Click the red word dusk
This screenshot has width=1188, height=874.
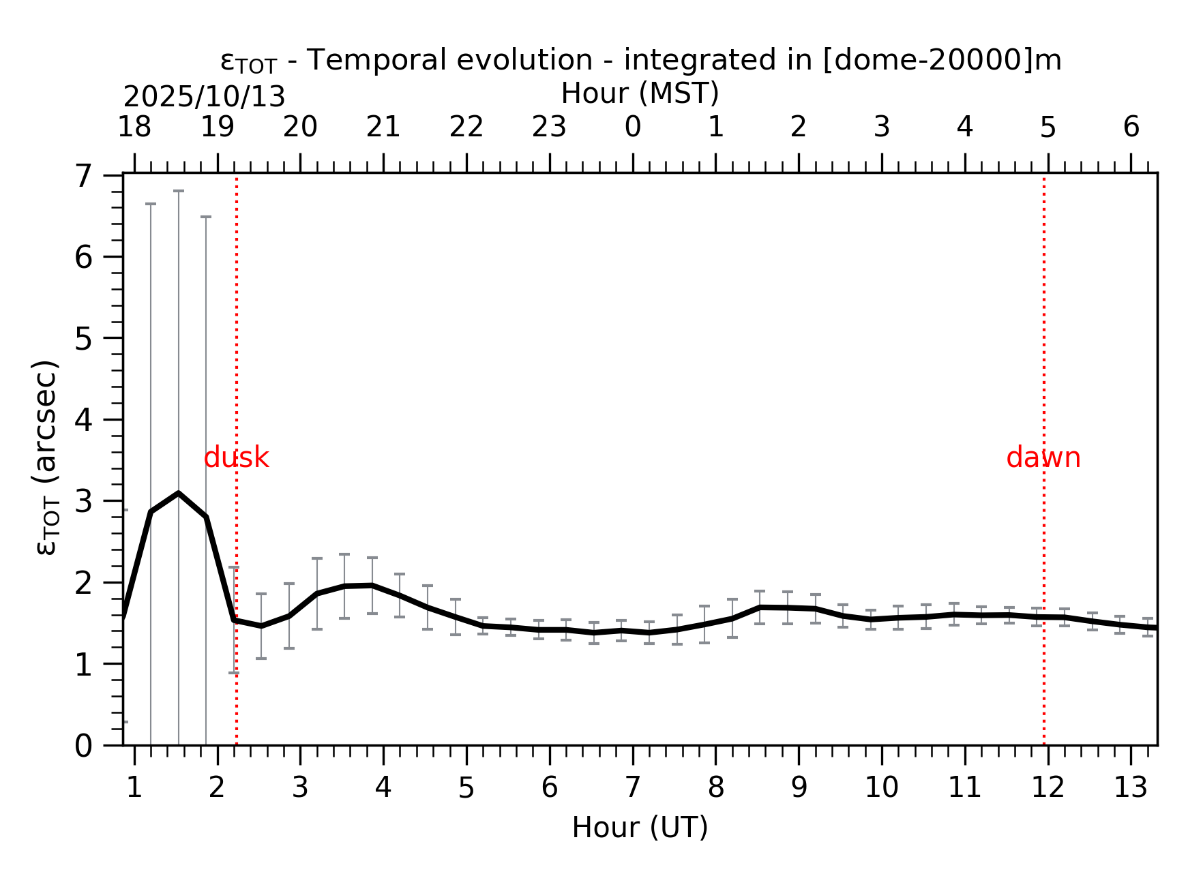tap(236, 458)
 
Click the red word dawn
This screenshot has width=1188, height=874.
tap(1043, 458)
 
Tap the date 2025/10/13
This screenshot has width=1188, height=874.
tap(204, 97)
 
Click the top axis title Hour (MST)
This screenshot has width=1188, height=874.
tap(640, 93)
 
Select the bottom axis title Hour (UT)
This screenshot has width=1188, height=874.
tap(640, 828)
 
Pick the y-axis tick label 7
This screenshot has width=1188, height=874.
tap(83, 177)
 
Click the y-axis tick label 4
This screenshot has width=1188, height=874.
tap(83, 420)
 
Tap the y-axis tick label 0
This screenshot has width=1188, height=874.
tap(83, 747)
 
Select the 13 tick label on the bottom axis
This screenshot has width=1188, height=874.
tap(1130, 788)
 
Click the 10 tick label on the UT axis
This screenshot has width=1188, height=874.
tap(881, 788)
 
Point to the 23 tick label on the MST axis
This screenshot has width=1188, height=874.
tap(549, 127)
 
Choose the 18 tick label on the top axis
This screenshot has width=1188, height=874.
tap(134, 127)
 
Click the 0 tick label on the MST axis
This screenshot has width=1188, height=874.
tap(632, 127)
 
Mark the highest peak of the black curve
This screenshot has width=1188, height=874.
tap(179, 493)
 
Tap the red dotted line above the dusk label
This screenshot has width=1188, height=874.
tap(237, 307)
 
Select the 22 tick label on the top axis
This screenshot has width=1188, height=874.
tap(466, 127)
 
